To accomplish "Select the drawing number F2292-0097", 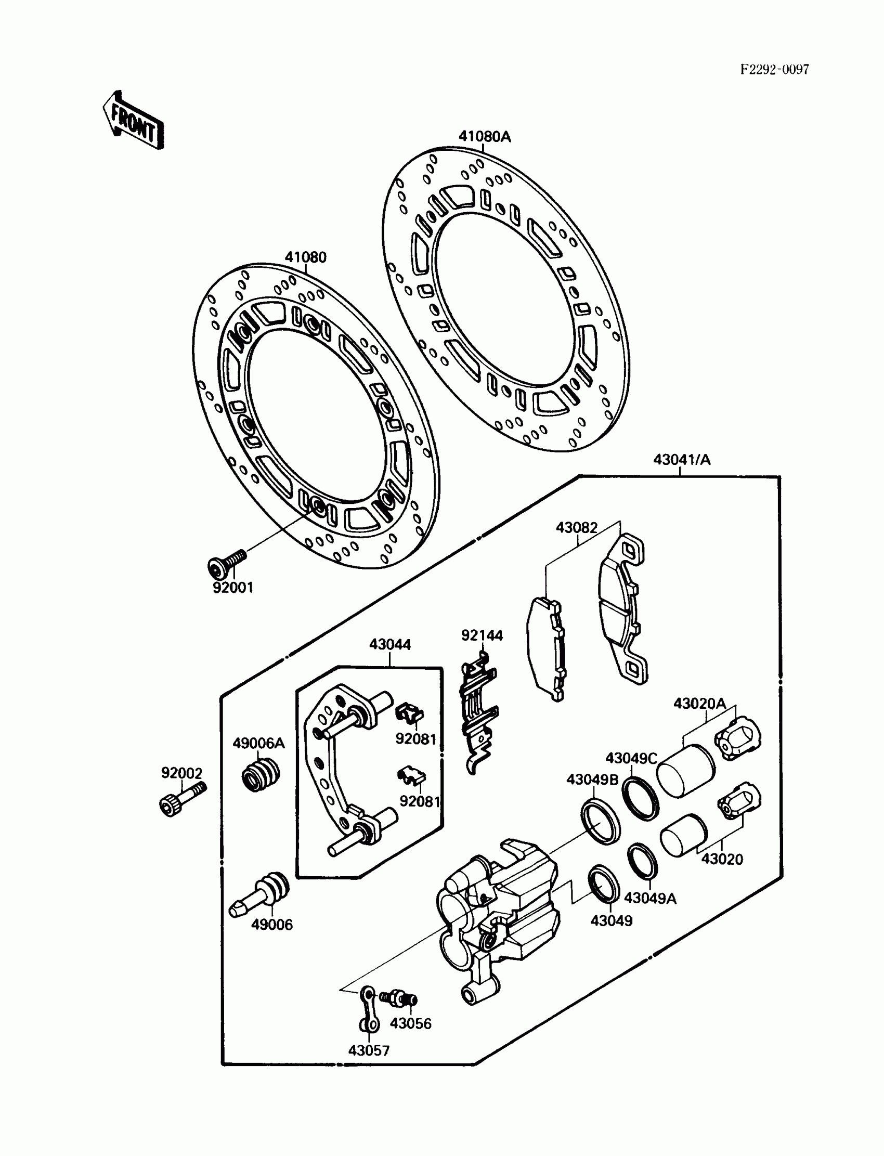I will (774, 70).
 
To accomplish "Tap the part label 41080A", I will (484, 137).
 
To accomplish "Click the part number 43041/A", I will (681, 460).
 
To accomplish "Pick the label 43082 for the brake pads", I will (577, 528).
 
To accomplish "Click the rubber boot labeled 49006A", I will (261, 774).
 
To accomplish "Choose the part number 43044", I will (390, 644).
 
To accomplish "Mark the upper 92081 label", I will (415, 739).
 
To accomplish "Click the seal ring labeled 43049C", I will (640, 798).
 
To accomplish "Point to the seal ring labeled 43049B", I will (601, 821).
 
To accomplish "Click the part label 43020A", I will (699, 704).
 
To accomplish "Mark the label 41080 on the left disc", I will (305, 258).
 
